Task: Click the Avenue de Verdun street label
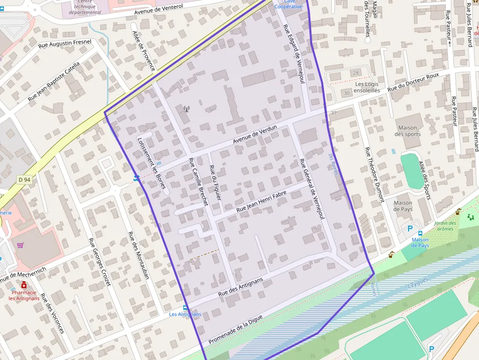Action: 255,135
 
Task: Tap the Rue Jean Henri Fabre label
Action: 261,202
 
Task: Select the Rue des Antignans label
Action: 240,287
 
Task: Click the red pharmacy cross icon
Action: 24,285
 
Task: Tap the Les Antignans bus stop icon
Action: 185,308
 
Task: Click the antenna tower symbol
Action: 186,109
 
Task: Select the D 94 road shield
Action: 24,180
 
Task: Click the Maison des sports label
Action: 407,131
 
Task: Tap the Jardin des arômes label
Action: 445,226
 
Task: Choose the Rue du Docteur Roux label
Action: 413,82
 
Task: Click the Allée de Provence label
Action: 144,50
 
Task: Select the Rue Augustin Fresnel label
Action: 65,44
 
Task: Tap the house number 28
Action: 355,73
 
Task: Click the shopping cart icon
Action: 20,245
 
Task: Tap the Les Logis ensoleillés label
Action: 367,87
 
